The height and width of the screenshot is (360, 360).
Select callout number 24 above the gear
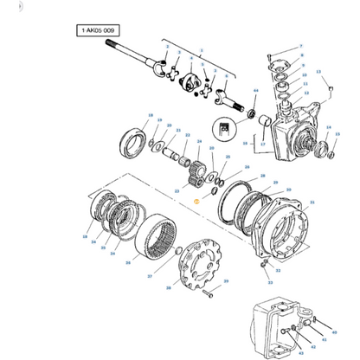(199, 142)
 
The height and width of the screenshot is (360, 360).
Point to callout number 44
(255, 89)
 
